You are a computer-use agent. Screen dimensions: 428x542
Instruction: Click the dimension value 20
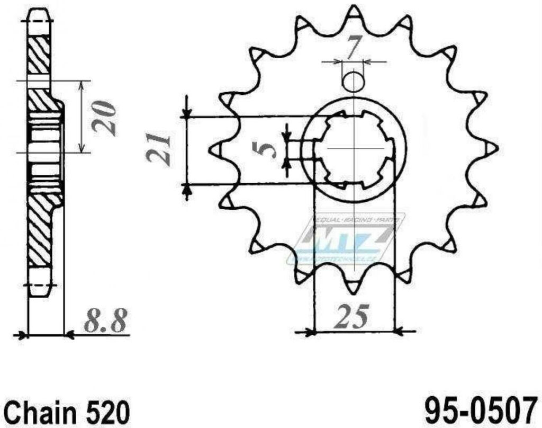104,118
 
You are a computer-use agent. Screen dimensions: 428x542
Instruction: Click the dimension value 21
159,149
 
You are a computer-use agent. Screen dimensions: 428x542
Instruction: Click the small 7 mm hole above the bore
353,81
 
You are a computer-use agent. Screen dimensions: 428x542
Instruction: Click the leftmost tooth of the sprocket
216,150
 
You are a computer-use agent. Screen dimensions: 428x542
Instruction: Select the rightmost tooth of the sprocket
491,148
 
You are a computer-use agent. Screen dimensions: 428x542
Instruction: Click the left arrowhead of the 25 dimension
311,333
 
